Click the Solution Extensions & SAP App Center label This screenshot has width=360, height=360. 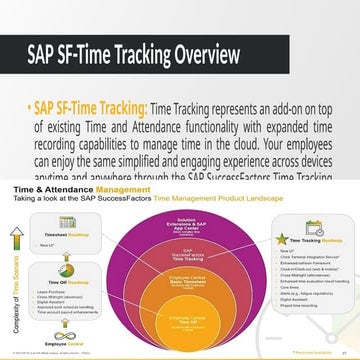click(x=179, y=222)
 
